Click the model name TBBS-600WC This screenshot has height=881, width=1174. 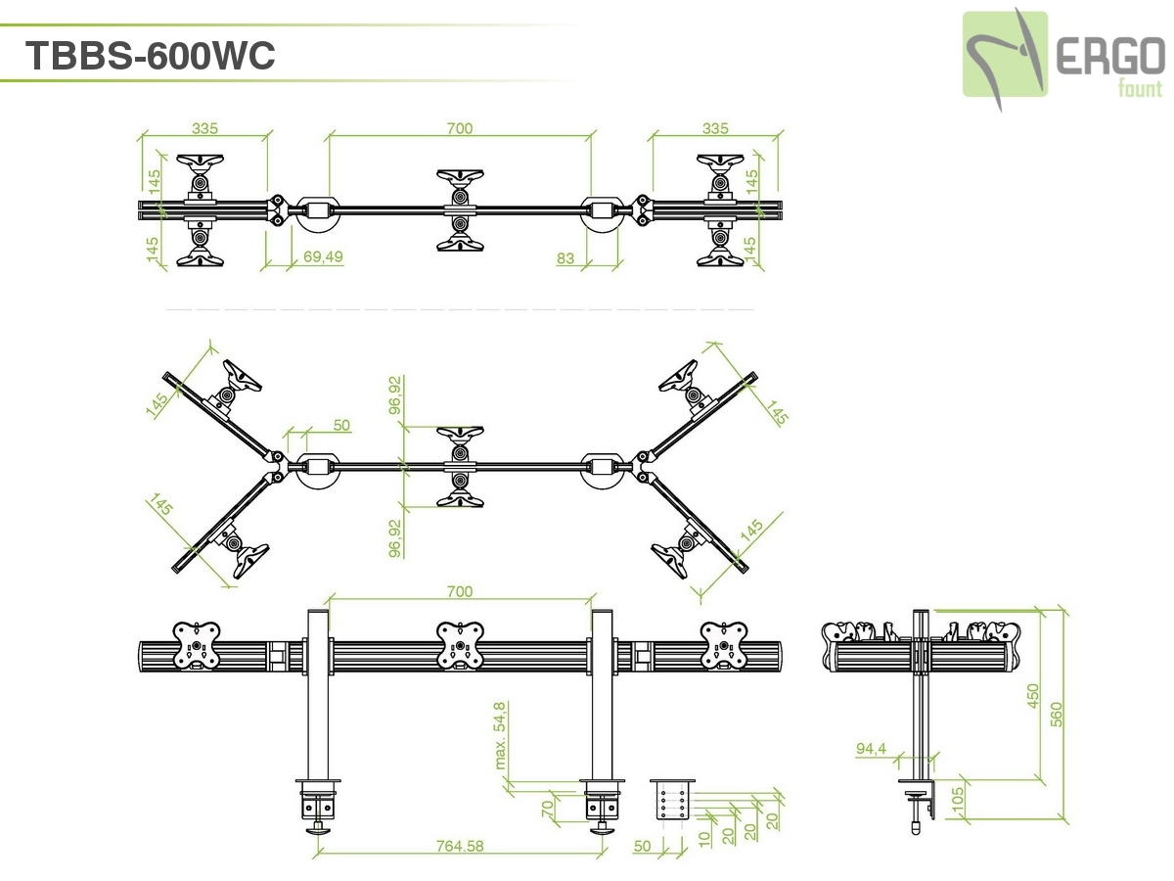[x=150, y=56]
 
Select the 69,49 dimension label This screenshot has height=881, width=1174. [x=323, y=257]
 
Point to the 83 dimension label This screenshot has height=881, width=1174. [x=564, y=257]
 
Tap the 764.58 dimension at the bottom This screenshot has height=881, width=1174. [x=460, y=846]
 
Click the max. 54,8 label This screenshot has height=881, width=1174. [x=500, y=734]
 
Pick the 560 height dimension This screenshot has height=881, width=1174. [x=1056, y=714]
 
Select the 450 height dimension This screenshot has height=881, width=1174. [x=1033, y=696]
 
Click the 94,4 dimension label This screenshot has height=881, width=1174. [x=871, y=749]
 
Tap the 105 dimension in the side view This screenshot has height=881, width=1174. [x=958, y=802]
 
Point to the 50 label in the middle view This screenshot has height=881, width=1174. [x=341, y=425]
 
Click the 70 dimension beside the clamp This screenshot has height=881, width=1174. [x=548, y=808]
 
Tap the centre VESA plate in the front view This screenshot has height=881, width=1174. [x=459, y=646]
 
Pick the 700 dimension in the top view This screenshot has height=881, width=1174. [x=459, y=128]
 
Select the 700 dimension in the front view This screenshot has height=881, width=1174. [x=459, y=591]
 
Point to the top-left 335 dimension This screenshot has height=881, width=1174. [x=204, y=128]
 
